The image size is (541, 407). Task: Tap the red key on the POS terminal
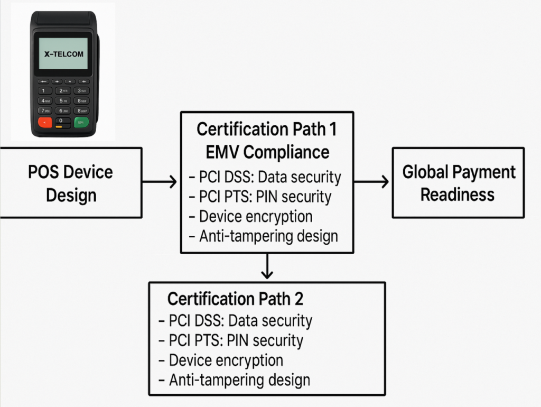point(44,122)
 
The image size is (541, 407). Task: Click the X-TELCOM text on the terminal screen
point(63,54)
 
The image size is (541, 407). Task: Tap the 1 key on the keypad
point(44,90)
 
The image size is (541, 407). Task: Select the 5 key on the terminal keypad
point(63,100)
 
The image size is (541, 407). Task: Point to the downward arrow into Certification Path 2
point(267,267)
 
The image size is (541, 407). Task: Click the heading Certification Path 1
point(266,129)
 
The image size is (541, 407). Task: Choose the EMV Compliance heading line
point(266,152)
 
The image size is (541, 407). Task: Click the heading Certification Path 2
point(236,299)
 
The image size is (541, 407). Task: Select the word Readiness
point(458,195)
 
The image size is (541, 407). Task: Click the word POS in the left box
point(42,172)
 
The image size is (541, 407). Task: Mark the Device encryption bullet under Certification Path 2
point(226,360)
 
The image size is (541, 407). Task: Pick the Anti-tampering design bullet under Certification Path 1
point(268,236)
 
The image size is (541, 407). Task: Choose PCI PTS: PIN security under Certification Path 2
point(236,340)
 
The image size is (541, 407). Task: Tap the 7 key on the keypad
point(44,111)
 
